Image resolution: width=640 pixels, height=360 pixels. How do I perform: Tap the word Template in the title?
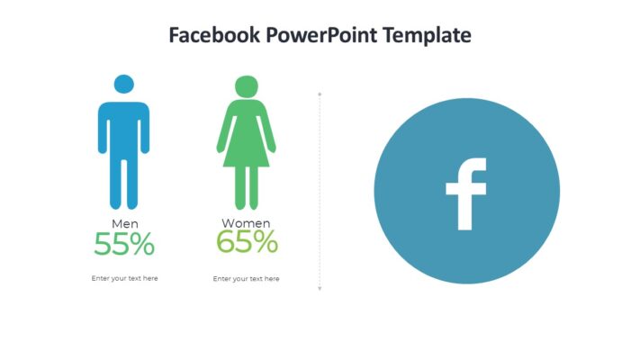pyautogui.click(x=427, y=36)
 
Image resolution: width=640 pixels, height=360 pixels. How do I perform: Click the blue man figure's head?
pyautogui.click(x=124, y=85)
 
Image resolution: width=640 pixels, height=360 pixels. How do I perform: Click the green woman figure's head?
pyautogui.click(x=246, y=87)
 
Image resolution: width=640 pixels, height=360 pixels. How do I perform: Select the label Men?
pyautogui.click(x=124, y=223)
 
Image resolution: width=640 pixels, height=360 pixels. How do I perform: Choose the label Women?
pyautogui.click(x=246, y=223)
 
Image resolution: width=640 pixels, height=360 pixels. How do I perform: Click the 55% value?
pyautogui.click(x=124, y=244)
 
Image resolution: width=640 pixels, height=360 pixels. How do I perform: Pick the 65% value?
pyautogui.click(x=247, y=241)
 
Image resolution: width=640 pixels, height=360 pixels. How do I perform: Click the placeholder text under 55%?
pyautogui.click(x=124, y=278)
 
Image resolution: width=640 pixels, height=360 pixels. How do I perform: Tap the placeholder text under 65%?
pyautogui.click(x=246, y=279)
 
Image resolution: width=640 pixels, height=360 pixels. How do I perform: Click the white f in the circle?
pyautogui.click(x=465, y=193)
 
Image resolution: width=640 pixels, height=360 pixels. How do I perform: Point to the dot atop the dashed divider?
pyautogui.click(x=320, y=93)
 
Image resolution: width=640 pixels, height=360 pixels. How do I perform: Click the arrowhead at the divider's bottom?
pyautogui.click(x=320, y=288)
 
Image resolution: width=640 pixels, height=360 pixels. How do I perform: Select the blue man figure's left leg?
pyautogui.click(x=116, y=184)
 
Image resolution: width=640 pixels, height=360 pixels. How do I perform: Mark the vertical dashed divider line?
pyautogui.click(x=320, y=189)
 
